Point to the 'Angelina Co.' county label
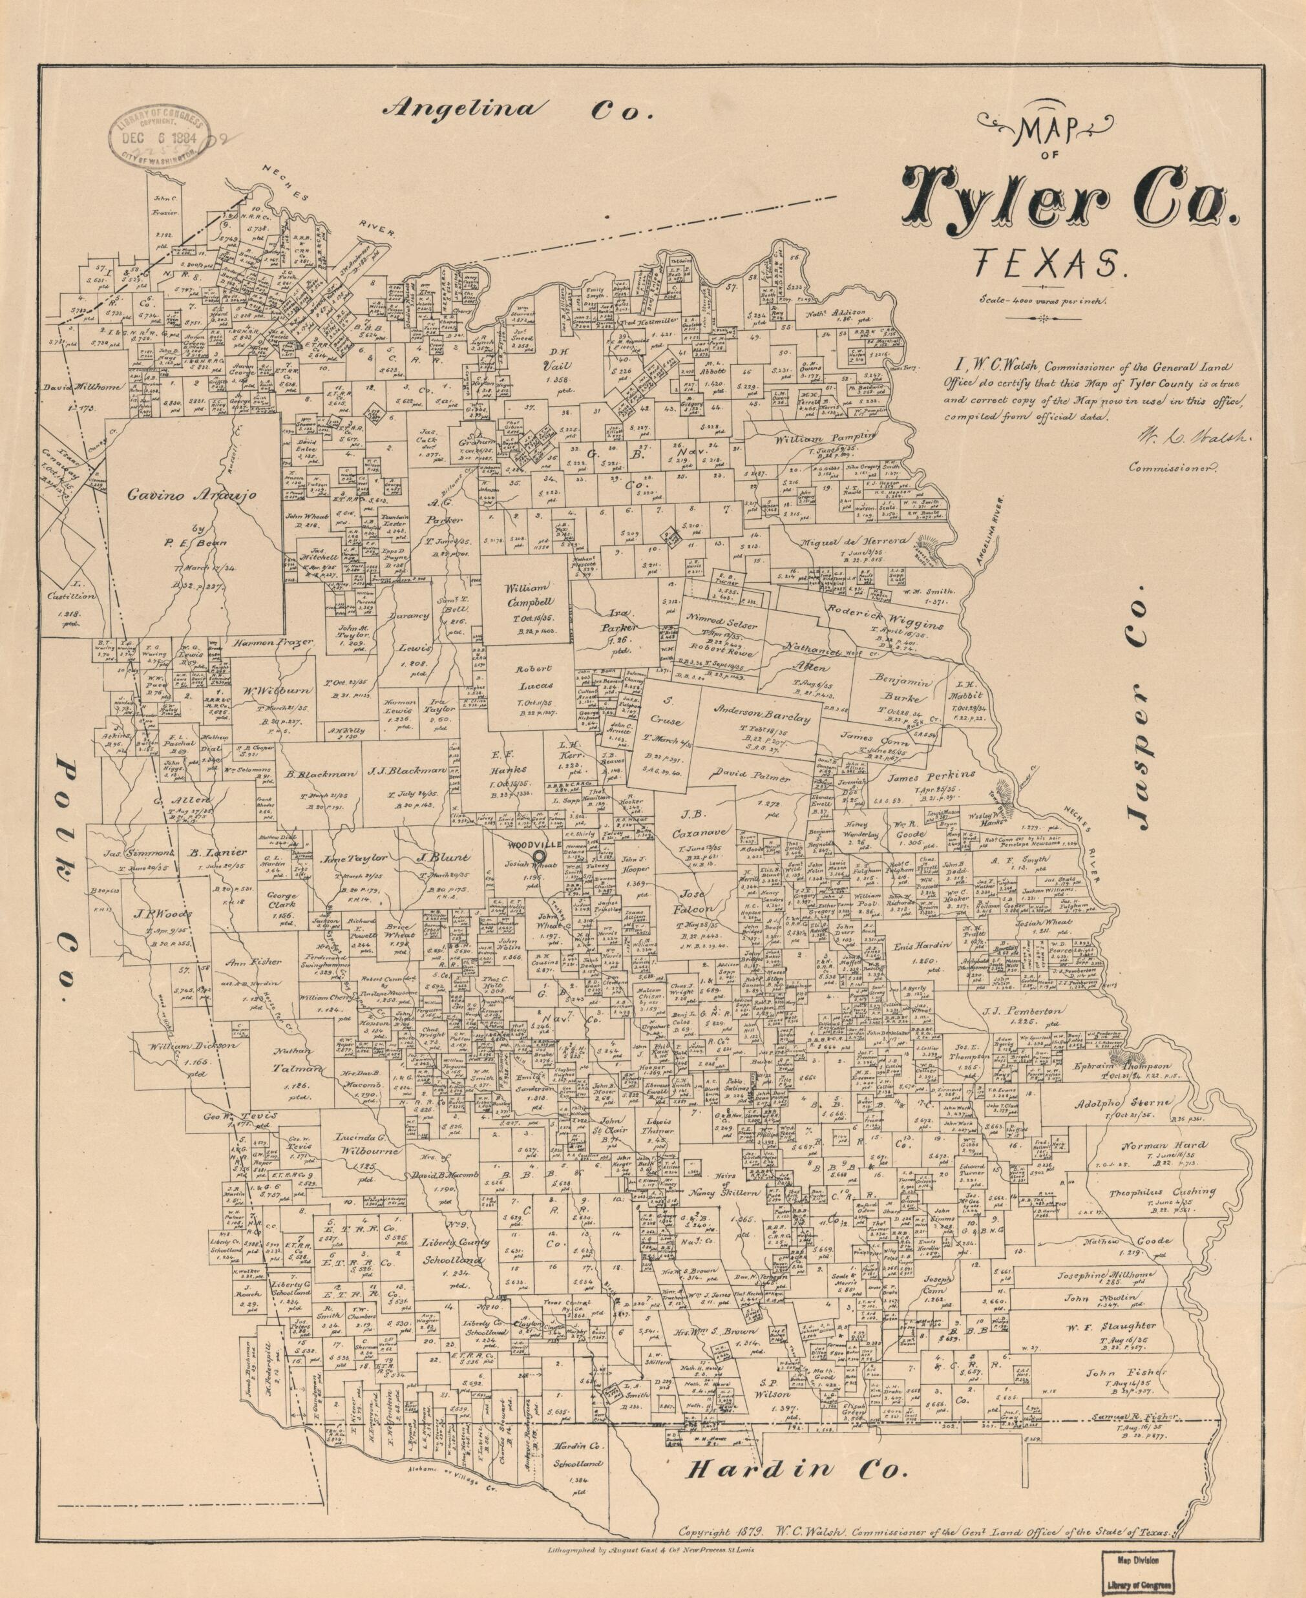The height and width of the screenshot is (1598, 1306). coord(518,110)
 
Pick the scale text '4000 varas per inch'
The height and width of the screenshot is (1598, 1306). coord(1041,299)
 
